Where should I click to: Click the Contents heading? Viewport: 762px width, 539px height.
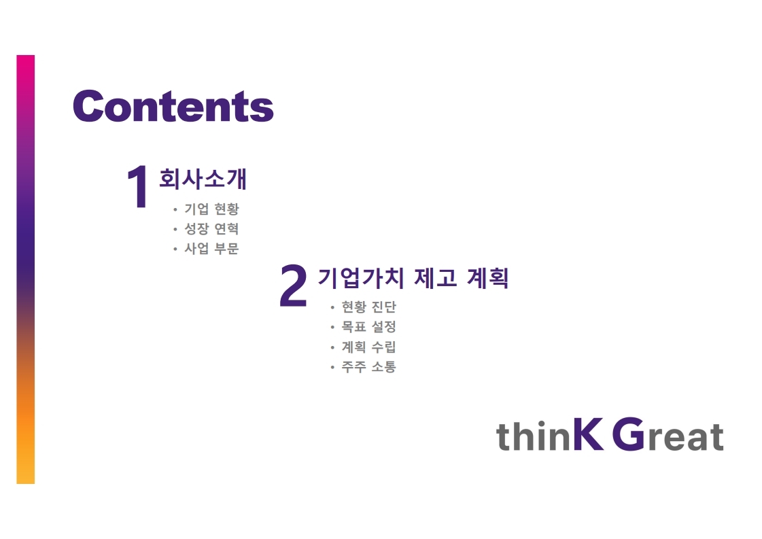[173, 106]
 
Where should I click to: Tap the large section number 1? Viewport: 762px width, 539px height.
[138, 187]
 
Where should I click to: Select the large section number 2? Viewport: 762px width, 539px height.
[294, 285]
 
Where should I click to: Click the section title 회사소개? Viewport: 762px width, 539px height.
[203, 178]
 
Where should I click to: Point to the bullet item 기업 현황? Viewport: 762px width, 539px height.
[211, 209]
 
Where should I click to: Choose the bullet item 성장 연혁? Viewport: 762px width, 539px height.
[211, 228]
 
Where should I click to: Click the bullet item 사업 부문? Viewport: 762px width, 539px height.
[211, 248]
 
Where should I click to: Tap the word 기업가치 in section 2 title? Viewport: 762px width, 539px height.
[361, 278]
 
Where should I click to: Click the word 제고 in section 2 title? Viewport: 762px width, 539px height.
[436, 278]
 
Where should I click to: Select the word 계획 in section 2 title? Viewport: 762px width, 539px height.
[488, 278]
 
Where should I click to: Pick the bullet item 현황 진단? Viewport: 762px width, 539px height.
[369, 307]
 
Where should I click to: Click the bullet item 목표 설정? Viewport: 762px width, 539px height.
[369, 327]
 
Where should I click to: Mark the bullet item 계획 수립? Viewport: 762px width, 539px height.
[369, 347]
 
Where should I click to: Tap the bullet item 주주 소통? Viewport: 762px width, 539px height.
[369, 366]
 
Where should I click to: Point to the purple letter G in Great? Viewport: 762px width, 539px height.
[628, 434]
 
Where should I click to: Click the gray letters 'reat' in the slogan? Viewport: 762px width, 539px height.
[685, 436]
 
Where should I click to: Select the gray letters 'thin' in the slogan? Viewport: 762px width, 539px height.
[534, 436]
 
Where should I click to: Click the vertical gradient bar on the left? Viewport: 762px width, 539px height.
[26, 269]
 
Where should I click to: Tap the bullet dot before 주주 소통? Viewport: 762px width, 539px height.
[332, 367]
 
